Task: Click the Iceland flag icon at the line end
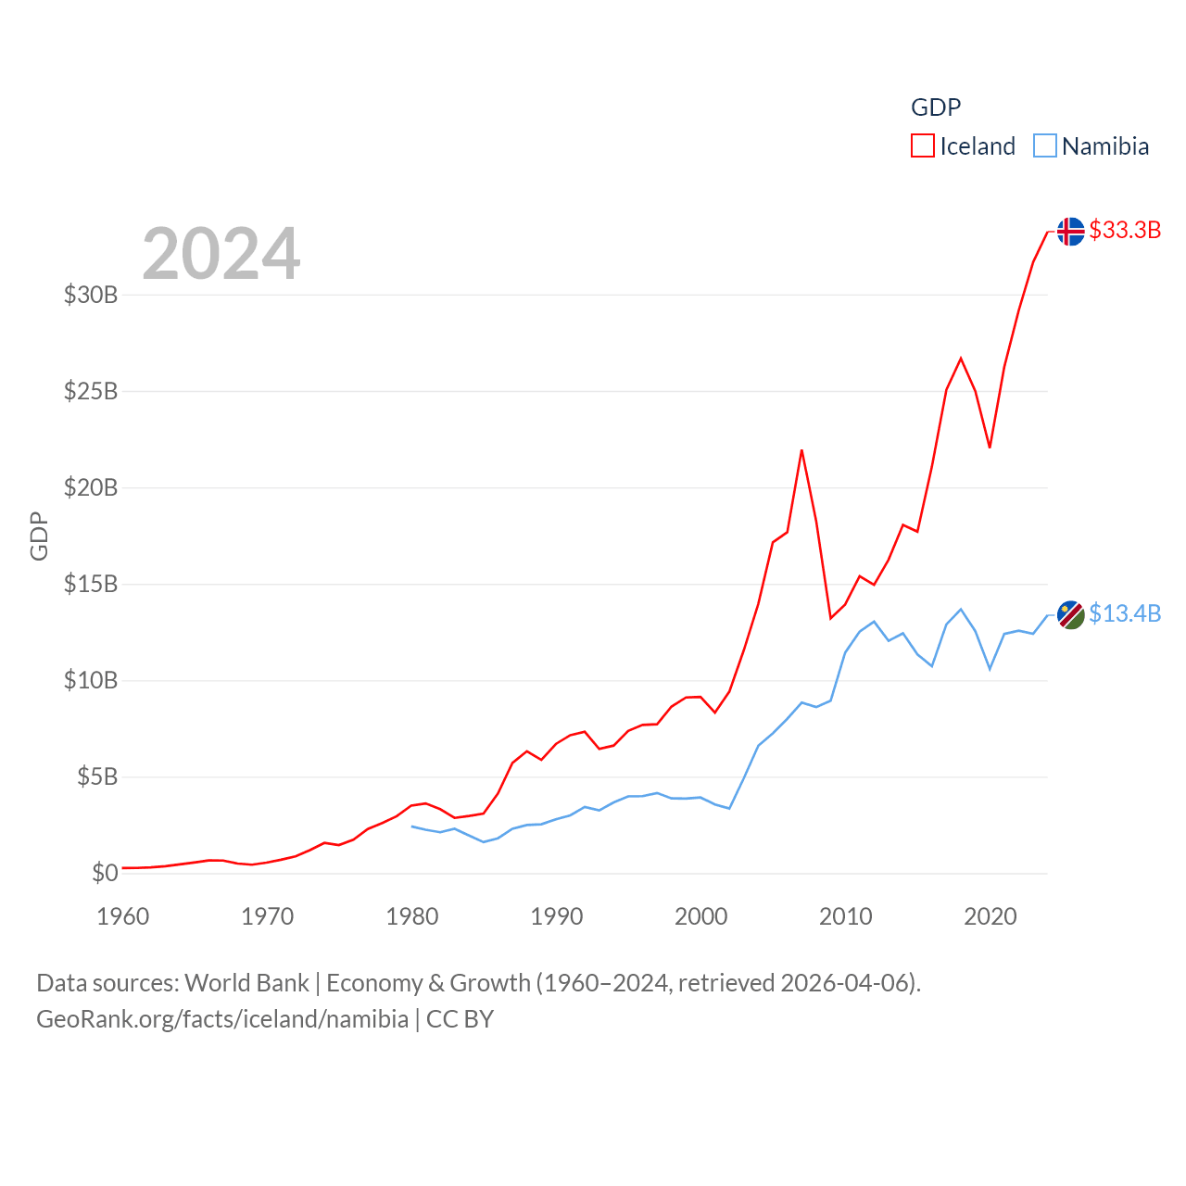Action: point(1070,231)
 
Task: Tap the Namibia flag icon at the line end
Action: point(1070,614)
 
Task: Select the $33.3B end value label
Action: point(1125,230)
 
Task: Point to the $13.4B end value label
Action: point(1125,613)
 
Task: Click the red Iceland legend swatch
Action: point(923,146)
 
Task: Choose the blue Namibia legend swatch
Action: point(1045,146)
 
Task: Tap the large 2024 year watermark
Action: point(221,253)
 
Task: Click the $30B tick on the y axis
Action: point(91,295)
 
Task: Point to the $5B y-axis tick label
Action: point(97,776)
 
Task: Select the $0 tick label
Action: point(105,873)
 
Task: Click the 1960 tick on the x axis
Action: point(123,916)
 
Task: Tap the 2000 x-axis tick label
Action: point(701,916)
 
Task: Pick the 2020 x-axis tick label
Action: point(990,916)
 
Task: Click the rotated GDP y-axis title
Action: point(39,536)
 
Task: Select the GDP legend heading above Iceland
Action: point(936,107)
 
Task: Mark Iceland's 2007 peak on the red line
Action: point(801,450)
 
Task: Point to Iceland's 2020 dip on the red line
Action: point(990,448)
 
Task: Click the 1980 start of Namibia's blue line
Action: point(412,826)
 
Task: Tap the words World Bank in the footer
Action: point(246,982)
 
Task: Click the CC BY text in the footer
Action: point(460,1019)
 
